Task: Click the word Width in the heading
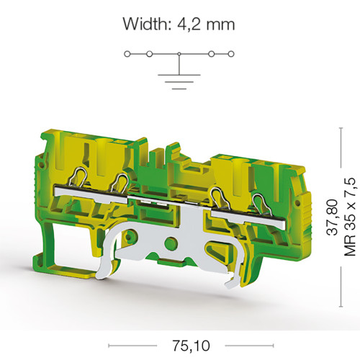point(147,24)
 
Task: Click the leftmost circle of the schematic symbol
point(127,54)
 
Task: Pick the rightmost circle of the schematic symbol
point(231,54)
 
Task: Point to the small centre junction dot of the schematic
point(179,54)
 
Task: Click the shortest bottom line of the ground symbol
point(179,89)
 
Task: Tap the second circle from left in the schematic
point(149,54)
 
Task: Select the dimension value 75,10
point(191,346)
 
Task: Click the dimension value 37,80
point(333,217)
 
